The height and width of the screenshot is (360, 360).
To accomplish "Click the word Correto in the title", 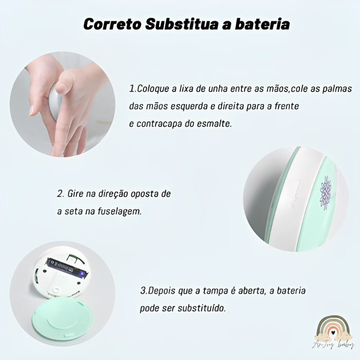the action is tap(112, 24).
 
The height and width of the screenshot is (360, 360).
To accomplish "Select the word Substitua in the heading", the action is tap(181, 24).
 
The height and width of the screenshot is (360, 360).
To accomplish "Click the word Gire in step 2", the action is tap(75, 194).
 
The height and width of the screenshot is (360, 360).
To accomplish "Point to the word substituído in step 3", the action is tap(202, 308).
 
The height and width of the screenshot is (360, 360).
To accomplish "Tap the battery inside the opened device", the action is tap(67, 267).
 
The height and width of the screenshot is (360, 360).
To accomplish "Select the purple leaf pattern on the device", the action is tap(325, 193).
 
